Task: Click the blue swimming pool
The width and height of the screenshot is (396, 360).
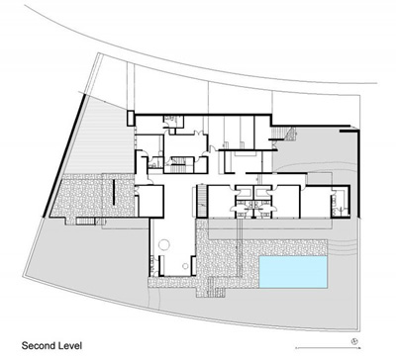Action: pos(293,272)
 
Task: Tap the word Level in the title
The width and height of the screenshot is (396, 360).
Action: pos(70,346)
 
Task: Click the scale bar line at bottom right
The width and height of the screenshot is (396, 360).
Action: pos(328,348)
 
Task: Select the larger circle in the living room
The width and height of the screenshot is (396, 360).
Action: pos(164,244)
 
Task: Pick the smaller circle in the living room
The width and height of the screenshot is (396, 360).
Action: pos(185,266)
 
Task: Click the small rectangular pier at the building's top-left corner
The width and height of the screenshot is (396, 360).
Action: pos(131,119)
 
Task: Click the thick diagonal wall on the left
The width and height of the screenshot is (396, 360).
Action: pos(64,155)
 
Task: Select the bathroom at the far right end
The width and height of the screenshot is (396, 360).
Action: pos(340,201)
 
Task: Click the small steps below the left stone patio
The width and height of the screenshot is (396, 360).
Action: pos(85,222)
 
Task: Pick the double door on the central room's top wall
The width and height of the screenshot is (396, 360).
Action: pos(198,133)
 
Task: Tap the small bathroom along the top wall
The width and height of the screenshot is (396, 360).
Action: pos(173,122)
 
